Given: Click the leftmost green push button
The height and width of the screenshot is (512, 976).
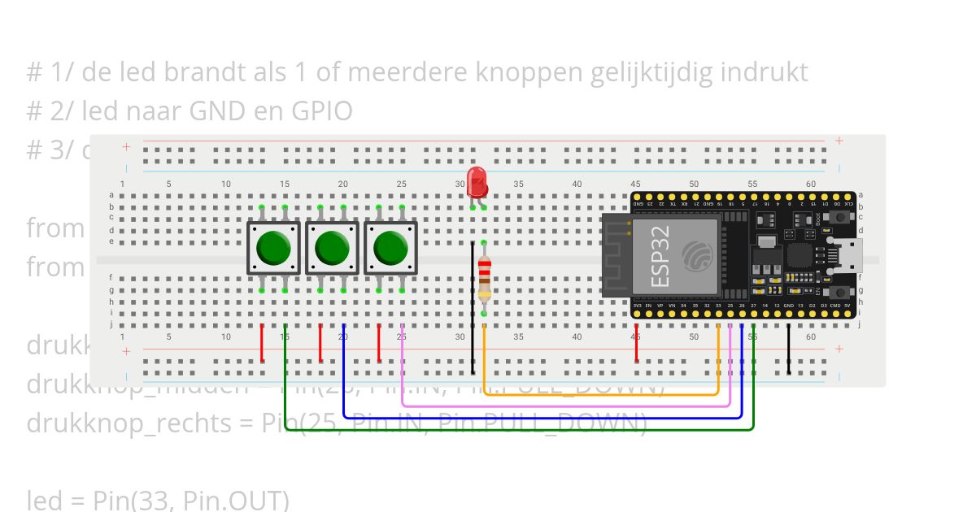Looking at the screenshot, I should coord(273,248).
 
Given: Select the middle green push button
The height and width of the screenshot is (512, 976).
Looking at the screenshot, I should coord(332,248).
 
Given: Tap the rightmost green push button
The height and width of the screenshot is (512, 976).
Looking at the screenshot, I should coord(390,248).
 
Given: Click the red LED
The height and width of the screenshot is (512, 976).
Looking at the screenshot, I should coord(477,181).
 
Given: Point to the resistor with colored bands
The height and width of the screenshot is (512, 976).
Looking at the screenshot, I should coord(484,278).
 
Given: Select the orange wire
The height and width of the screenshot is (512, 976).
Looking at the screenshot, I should coord(602,394).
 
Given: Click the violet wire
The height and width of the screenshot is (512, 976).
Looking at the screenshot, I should coord(569,405).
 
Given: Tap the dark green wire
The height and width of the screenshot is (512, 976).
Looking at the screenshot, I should coord(521,429).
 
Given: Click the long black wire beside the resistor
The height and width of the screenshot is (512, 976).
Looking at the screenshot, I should coord(473,309).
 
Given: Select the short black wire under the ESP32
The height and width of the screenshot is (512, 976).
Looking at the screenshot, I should coord(788,349).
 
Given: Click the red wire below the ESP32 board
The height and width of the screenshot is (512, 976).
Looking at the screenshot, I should coord(636,344).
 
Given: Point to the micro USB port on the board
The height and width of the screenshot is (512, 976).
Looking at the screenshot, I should coord(852,256).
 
